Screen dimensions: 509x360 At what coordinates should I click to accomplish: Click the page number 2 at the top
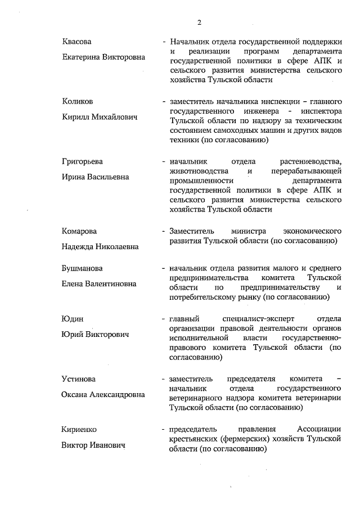click(x=199, y=22)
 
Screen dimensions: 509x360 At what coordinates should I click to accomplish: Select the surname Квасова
click(x=76, y=42)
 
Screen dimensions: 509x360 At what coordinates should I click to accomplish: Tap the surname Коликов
click(x=78, y=102)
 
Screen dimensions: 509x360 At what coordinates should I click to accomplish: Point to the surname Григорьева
click(x=82, y=161)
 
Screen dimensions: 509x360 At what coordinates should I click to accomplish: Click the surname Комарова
click(x=79, y=231)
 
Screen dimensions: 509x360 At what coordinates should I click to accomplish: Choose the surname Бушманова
click(x=82, y=268)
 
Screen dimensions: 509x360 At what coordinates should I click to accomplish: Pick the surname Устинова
click(x=79, y=379)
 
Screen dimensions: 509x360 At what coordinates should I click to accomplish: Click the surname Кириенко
click(x=79, y=429)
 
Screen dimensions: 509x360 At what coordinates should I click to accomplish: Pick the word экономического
click(x=312, y=231)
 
